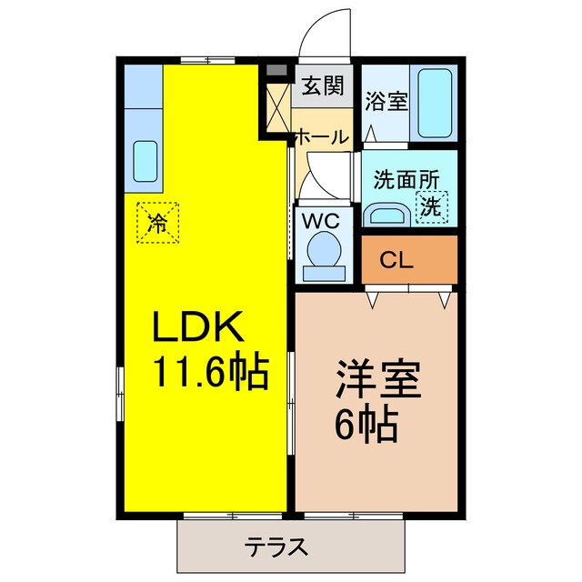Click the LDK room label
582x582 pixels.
pyautogui.click(x=202, y=326)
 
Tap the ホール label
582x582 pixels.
pyautogui.click(x=320, y=138)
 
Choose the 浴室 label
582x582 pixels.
pyautogui.click(x=386, y=100)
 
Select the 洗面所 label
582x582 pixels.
pyautogui.click(x=401, y=178)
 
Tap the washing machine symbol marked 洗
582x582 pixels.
pyautogui.click(x=431, y=206)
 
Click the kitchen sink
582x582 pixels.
pyautogui.click(x=145, y=161)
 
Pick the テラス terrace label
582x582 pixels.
pyautogui.click(x=276, y=547)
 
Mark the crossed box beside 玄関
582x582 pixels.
pyautogui.click(x=276, y=106)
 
